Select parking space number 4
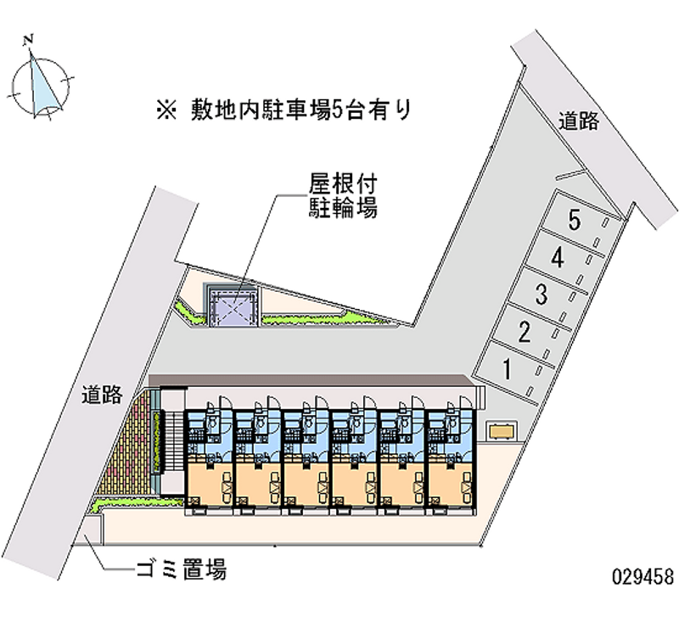[561, 259]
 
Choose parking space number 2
[526, 332]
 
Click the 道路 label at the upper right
[580, 121]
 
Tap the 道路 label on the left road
[103, 395]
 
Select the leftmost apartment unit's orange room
[208, 480]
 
